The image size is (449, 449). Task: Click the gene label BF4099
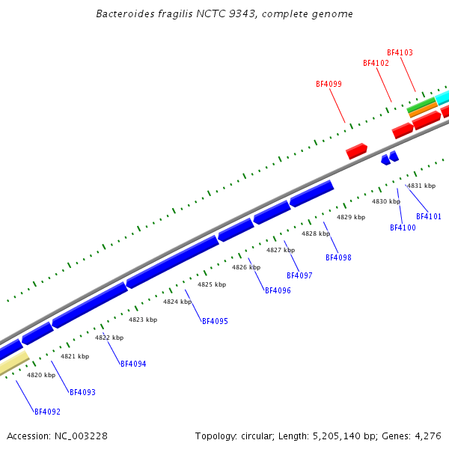(329, 85)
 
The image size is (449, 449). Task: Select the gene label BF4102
(376, 64)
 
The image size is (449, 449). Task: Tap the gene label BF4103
(400, 53)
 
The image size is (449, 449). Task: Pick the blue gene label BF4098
(338, 258)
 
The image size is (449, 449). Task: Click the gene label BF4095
(215, 322)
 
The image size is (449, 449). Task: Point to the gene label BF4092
(47, 412)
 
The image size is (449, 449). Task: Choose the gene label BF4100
(403, 228)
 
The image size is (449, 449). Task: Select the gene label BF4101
(429, 217)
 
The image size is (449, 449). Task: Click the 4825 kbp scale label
(212, 285)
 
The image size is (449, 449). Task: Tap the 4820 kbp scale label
(41, 376)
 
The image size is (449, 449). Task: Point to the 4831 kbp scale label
(421, 186)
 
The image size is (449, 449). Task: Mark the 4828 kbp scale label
(316, 234)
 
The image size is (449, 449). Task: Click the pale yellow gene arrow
(13, 364)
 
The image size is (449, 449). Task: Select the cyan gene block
(443, 97)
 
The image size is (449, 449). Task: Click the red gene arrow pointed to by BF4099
(356, 151)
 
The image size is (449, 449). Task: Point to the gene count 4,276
(428, 436)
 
